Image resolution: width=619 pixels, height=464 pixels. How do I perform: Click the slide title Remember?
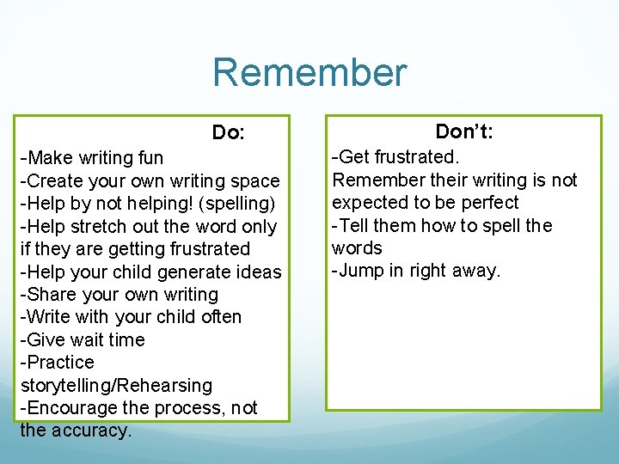click(x=309, y=73)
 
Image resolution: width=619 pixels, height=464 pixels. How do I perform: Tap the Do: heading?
click(x=229, y=133)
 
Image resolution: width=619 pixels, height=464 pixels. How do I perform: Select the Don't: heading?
click(x=463, y=131)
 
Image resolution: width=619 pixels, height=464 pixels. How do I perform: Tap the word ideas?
click(x=258, y=272)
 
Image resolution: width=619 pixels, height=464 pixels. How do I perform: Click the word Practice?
click(x=60, y=363)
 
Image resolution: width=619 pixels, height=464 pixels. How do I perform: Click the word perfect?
click(x=488, y=203)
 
